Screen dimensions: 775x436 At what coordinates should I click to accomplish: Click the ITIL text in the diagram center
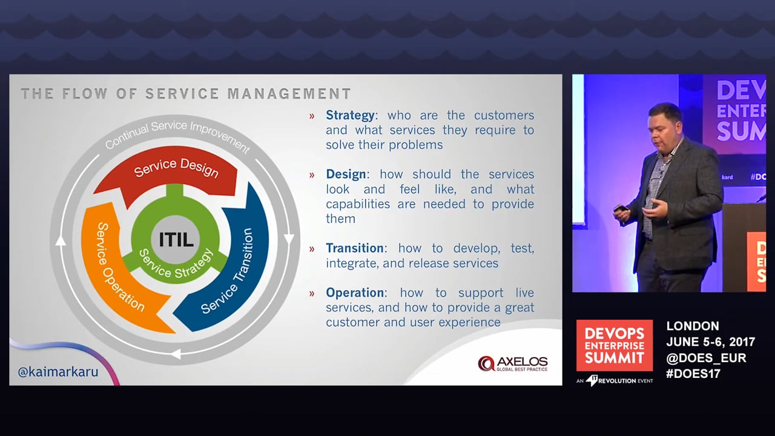[x=176, y=239]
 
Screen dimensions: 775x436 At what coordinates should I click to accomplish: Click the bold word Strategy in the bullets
[x=350, y=115]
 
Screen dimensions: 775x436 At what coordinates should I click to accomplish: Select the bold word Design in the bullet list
[x=346, y=174]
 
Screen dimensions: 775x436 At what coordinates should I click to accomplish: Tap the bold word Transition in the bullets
[x=355, y=248]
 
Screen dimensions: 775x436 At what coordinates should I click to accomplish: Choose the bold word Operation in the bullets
[x=355, y=292]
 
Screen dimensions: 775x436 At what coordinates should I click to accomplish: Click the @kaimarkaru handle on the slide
[x=58, y=372]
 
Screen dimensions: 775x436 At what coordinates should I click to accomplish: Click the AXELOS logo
[x=513, y=364]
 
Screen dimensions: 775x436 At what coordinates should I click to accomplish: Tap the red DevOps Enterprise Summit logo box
[x=615, y=345]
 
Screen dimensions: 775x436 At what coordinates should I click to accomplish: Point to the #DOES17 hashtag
[x=693, y=374]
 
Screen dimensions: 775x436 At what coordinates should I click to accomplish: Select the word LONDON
[x=693, y=326]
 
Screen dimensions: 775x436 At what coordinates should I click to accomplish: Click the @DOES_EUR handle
[x=706, y=358]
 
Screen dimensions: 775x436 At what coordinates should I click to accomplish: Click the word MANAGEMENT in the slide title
[x=289, y=94]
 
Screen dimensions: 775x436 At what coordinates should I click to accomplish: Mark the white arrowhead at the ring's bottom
[x=176, y=354]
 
